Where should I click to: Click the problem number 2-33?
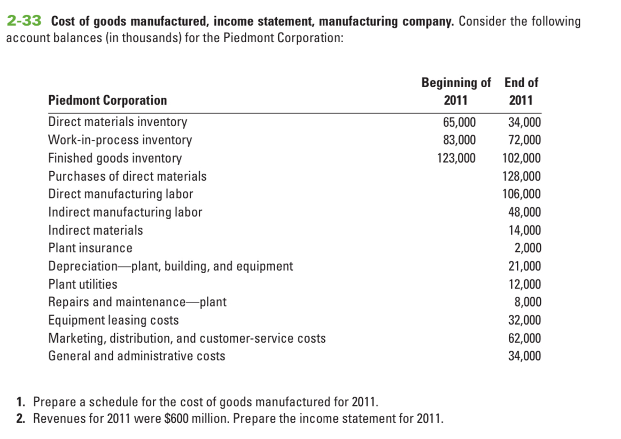[26, 21]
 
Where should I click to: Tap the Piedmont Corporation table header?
[107, 100]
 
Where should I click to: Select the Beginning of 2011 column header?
[456, 91]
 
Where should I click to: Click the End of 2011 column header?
[521, 91]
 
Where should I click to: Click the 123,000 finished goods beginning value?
[456, 158]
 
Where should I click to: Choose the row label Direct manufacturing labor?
[121, 194]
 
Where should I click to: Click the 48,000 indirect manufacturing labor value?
[524, 212]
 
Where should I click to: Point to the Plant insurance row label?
[90, 248]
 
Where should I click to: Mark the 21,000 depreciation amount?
[524, 266]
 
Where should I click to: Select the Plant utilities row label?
[83, 284]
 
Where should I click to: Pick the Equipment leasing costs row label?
[113, 320]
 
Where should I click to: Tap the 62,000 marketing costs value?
[524, 338]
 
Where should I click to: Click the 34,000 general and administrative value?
[524, 356]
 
